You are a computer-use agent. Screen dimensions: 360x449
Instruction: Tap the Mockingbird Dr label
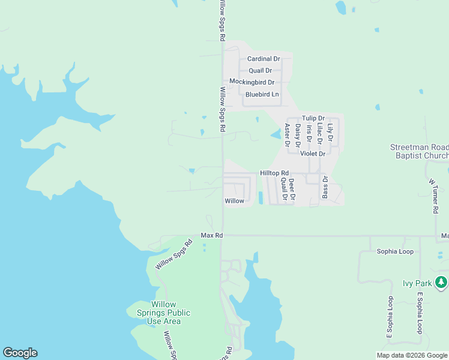tap(252, 82)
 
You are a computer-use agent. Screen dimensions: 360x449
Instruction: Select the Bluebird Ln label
tap(262, 94)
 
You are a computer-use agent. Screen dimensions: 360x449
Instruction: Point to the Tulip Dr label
tap(313, 118)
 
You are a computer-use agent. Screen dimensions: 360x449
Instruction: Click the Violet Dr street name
tap(312, 154)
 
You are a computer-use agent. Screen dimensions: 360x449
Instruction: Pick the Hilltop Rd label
tap(274, 173)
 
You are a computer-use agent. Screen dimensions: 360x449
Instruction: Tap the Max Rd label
tap(211, 236)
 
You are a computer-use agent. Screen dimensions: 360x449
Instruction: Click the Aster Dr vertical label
tap(288, 135)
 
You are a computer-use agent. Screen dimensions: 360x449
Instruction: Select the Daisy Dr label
tap(298, 136)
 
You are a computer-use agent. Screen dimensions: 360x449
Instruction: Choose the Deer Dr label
tap(292, 189)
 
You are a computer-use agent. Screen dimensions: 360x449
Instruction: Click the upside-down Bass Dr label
tap(325, 187)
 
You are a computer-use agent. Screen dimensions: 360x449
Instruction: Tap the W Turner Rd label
tap(433, 196)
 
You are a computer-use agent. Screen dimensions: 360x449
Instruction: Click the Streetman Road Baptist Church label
tap(419, 151)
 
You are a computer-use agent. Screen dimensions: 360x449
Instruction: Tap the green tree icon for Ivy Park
tap(441, 281)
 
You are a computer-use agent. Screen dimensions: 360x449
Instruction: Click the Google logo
tap(20, 353)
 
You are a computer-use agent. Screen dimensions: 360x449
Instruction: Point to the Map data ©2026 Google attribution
tap(411, 355)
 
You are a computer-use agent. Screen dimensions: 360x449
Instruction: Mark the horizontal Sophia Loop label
tap(395, 251)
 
